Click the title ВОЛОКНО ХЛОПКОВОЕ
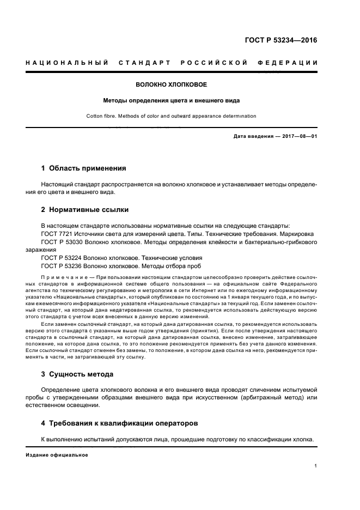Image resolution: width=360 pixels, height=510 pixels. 172,85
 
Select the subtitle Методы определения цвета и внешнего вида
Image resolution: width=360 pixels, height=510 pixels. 172,100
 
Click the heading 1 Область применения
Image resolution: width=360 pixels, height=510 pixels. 84,168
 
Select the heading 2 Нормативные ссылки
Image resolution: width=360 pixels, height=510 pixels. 84,209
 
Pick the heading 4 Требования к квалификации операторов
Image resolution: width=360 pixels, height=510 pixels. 120,423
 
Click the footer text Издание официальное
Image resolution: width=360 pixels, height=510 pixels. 57,454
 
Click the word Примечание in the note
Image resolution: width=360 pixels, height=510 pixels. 63,277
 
